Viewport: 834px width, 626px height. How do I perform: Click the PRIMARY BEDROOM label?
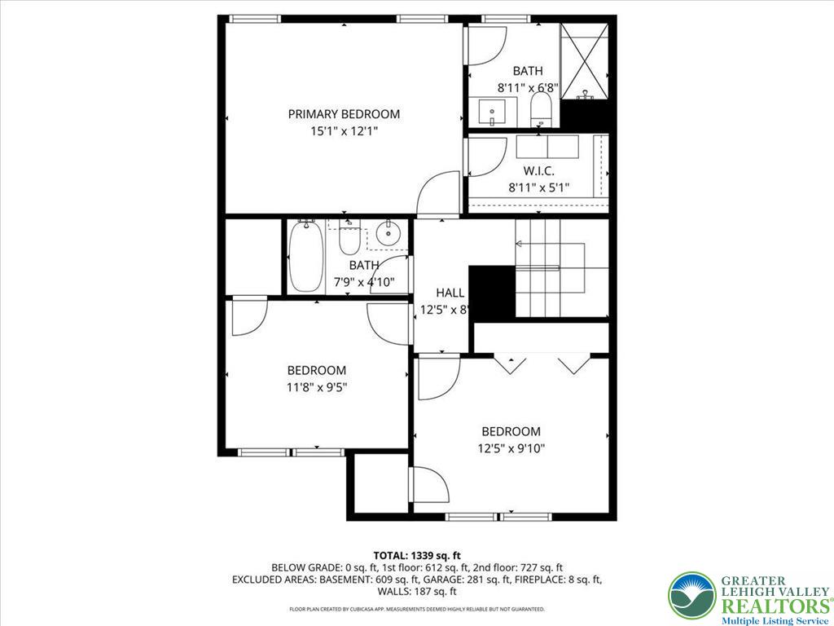344,114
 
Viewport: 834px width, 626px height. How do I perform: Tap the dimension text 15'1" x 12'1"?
344,130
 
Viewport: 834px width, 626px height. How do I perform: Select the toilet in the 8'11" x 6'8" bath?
541,110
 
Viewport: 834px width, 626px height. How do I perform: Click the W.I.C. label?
538,171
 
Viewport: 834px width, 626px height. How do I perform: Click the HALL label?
450,293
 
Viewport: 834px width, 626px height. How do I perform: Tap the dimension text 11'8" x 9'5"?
317,388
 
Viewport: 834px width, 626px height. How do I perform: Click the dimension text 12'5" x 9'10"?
511,447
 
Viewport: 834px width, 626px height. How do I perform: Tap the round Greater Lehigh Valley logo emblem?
691,596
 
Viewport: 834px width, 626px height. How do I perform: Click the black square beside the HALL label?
492,293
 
